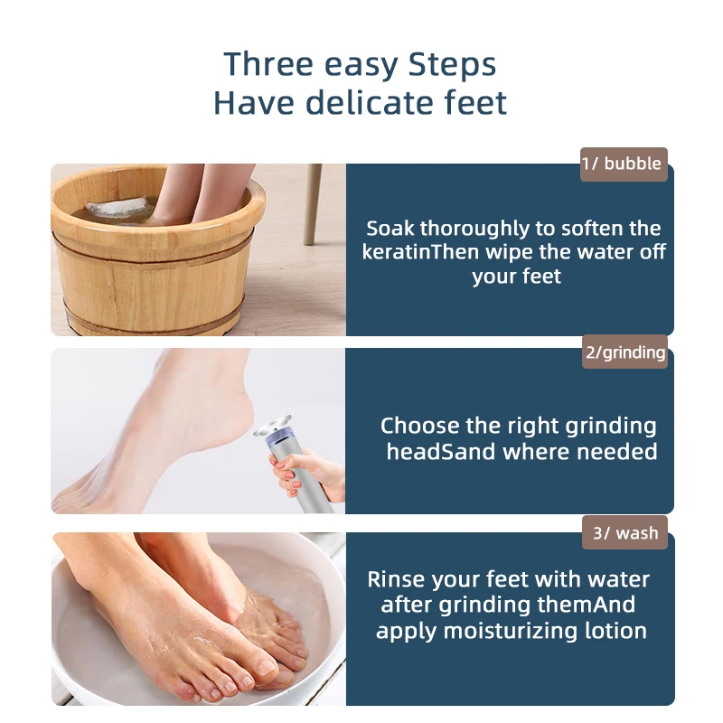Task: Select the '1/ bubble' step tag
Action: [624, 164]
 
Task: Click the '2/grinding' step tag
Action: [624, 352]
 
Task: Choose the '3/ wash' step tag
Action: [624, 533]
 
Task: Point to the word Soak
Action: [390, 229]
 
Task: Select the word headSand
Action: [441, 451]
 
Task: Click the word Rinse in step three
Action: [396, 579]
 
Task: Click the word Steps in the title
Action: [452, 65]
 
